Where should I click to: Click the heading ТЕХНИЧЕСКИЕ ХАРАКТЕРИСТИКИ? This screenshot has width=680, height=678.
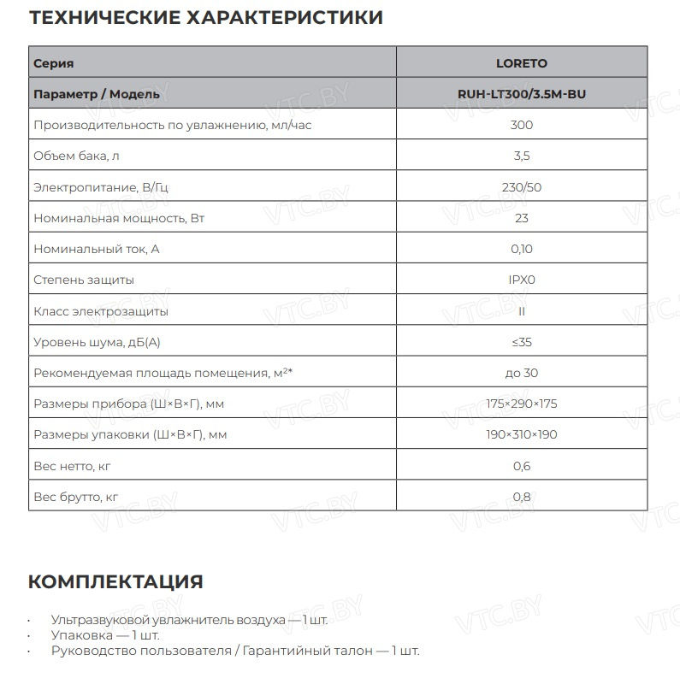(x=205, y=17)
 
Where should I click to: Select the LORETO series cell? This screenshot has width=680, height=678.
(x=521, y=63)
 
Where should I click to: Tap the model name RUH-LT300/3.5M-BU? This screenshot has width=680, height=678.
(x=521, y=94)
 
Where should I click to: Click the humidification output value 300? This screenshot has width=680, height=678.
(x=521, y=125)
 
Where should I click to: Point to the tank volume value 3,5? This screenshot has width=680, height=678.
(x=521, y=156)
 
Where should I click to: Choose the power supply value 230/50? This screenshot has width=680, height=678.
(x=521, y=186)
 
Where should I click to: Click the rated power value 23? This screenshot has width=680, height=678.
(x=521, y=218)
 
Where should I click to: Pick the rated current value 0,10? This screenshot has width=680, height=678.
(x=521, y=249)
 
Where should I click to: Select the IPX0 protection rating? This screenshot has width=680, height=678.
(x=521, y=280)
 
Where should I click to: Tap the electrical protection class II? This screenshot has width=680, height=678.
(x=521, y=311)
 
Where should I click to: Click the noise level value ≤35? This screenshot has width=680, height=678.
(x=521, y=342)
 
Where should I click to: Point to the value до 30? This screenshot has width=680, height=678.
(x=521, y=373)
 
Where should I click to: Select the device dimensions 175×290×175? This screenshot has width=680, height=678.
(x=521, y=404)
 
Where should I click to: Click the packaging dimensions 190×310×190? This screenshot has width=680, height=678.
(x=521, y=434)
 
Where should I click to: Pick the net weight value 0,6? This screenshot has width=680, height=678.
(x=521, y=466)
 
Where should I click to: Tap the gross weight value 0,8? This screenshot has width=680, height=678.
(x=521, y=497)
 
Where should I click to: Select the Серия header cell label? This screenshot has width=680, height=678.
(x=53, y=63)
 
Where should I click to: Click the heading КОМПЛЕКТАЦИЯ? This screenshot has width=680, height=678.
(x=115, y=582)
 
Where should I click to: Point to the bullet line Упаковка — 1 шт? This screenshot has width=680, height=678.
(x=105, y=635)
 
